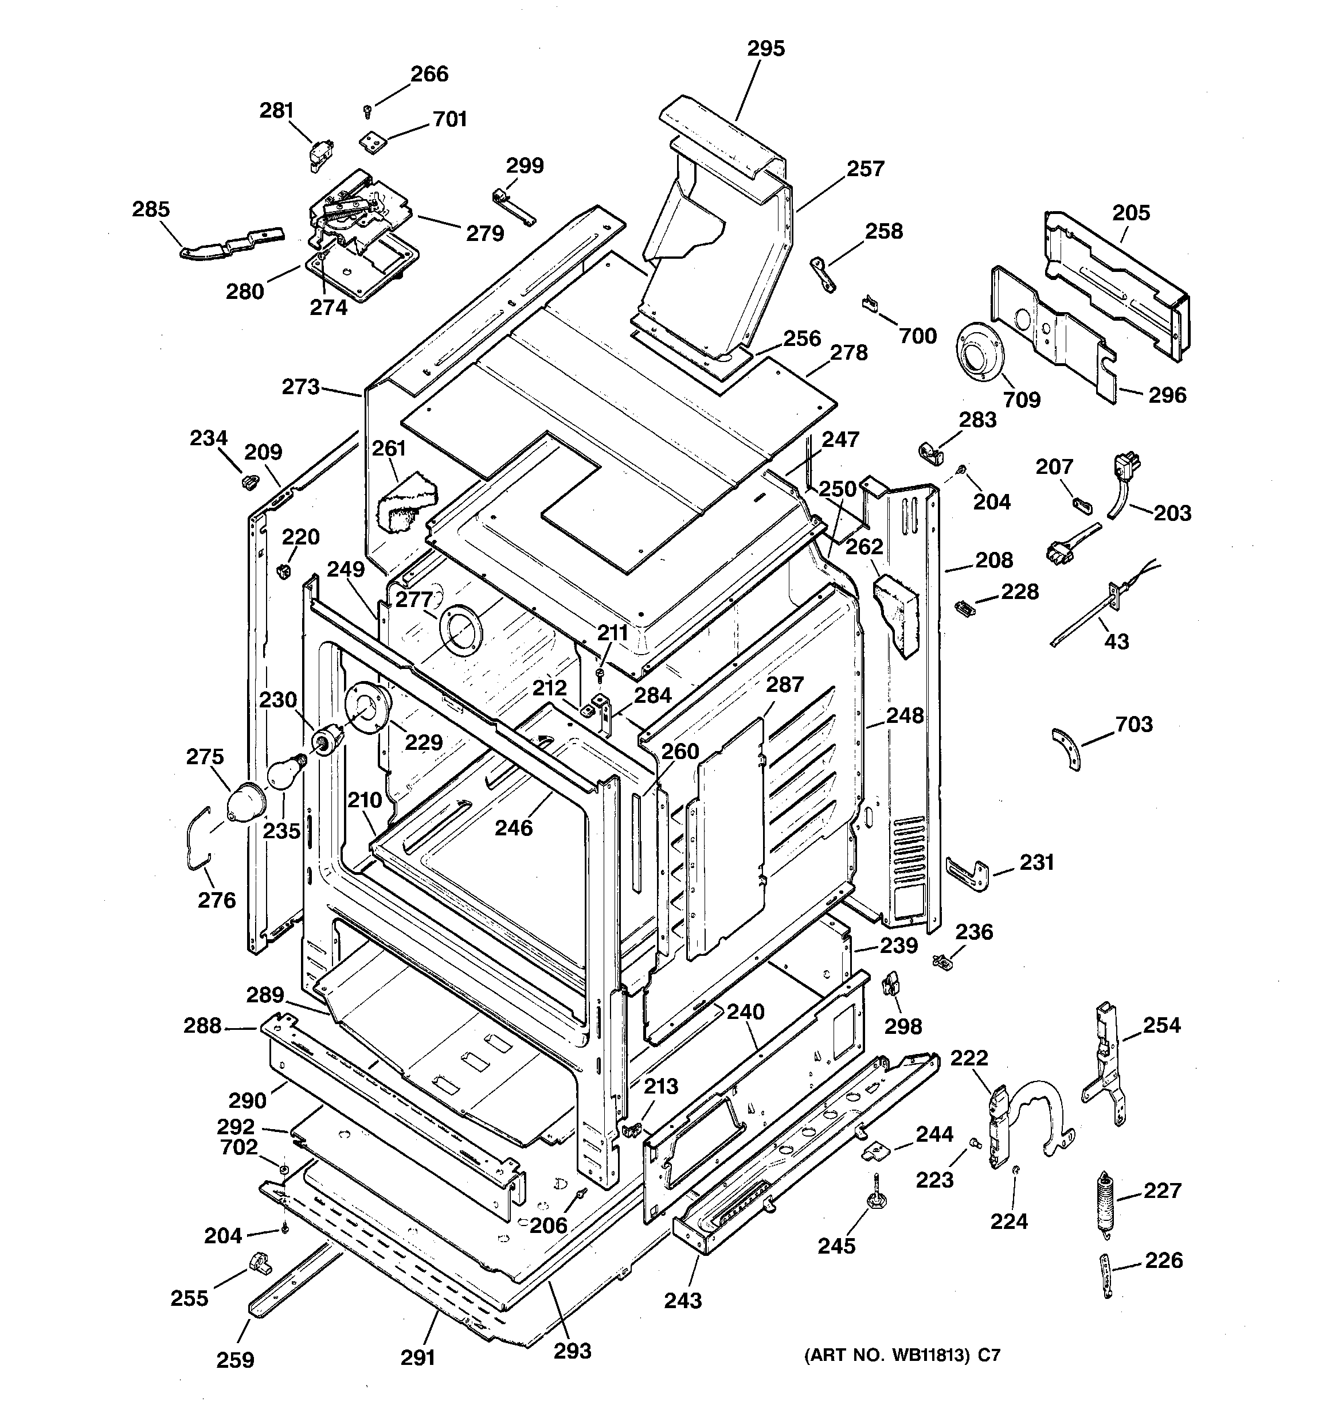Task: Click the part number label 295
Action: (x=765, y=49)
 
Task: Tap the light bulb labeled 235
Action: (x=283, y=773)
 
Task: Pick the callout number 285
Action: (x=151, y=209)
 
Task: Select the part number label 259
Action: (x=235, y=1359)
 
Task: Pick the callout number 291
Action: (x=418, y=1357)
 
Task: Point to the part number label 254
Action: (x=1161, y=1025)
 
